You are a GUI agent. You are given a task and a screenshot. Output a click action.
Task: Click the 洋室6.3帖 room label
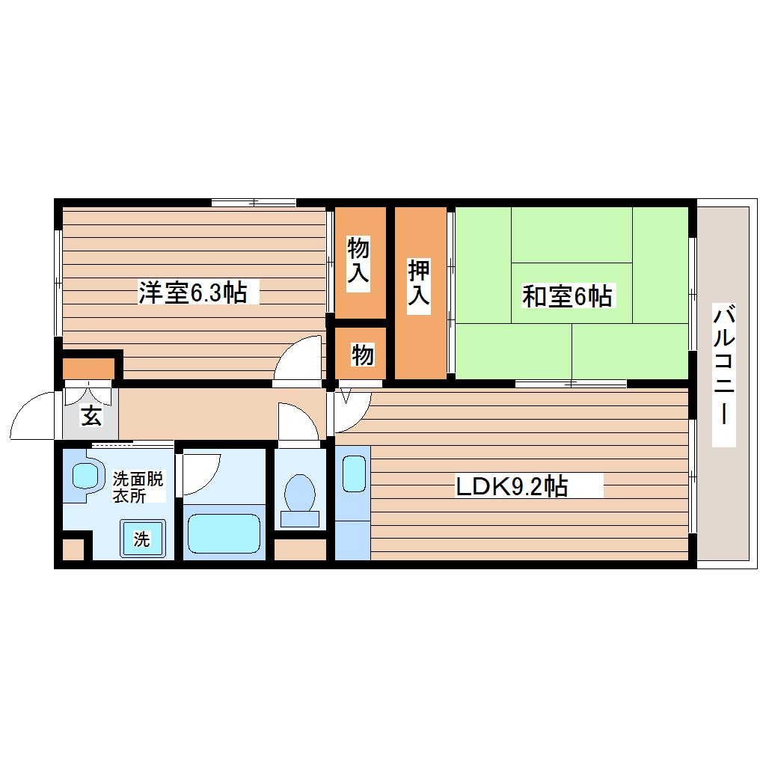pyautogui.click(x=192, y=292)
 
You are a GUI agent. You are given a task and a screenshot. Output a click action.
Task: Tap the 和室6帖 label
pyautogui.click(x=567, y=296)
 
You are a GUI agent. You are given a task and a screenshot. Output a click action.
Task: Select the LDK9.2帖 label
pyautogui.click(x=512, y=487)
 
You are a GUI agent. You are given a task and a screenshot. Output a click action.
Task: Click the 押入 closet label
pyautogui.click(x=419, y=282)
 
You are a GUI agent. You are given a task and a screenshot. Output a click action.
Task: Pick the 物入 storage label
pyautogui.click(x=359, y=260)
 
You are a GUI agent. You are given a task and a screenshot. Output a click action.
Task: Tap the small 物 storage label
pyautogui.click(x=362, y=355)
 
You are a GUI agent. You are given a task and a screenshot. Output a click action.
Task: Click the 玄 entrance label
pyautogui.click(x=91, y=417)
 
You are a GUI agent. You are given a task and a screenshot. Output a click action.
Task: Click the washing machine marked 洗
pyautogui.click(x=142, y=538)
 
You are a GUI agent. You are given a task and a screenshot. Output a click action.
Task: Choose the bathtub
pyautogui.click(x=223, y=533)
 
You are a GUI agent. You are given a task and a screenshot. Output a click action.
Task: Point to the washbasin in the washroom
pyautogui.click(x=84, y=477)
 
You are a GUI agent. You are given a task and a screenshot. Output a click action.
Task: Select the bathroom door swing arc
pyautogui.click(x=200, y=472)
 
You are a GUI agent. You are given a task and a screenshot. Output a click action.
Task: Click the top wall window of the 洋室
pyautogui.click(x=253, y=202)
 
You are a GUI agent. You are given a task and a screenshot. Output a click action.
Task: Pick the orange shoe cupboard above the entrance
pyautogui.click(x=88, y=368)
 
